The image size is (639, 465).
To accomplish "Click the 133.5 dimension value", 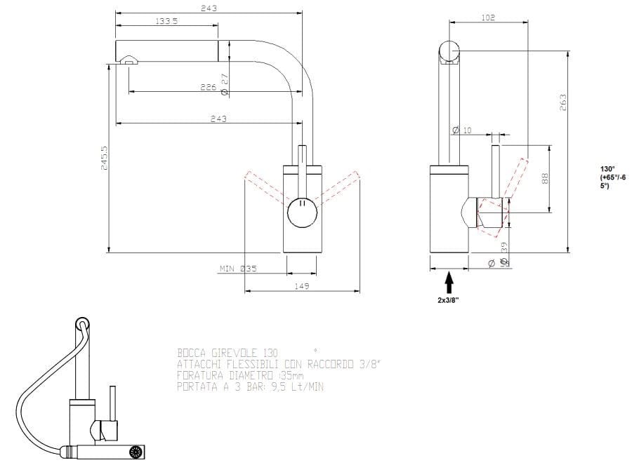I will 166,22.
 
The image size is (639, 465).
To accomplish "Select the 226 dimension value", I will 208,88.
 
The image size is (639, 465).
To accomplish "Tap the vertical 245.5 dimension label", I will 105,159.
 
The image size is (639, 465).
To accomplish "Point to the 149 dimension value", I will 303,286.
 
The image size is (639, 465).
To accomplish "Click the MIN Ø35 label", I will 238,269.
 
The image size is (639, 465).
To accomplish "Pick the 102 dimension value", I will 489,18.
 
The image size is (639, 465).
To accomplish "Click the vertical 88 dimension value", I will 544,179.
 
